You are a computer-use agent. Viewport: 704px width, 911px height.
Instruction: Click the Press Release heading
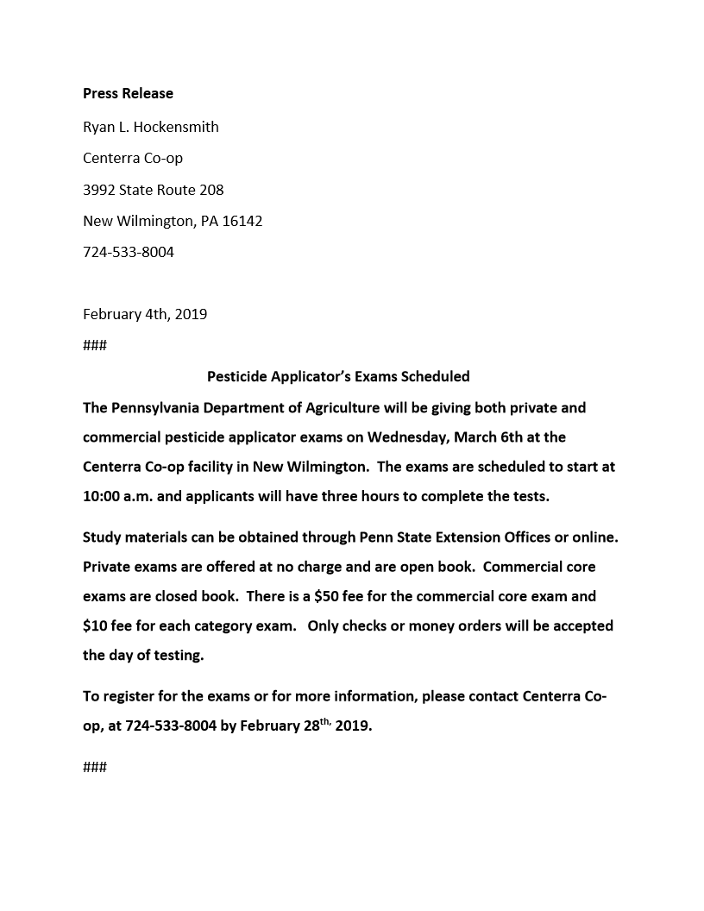128,93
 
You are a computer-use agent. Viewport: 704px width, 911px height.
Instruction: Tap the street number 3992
99,190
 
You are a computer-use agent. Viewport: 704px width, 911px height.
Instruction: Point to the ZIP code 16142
242,221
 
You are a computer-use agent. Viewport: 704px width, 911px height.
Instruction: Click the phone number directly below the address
129,253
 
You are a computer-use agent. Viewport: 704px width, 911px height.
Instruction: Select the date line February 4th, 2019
145,314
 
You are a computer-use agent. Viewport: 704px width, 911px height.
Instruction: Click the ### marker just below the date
95,345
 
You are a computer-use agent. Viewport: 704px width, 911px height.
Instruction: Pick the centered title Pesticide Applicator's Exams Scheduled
338,376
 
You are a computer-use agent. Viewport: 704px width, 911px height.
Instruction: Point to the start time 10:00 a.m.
116,497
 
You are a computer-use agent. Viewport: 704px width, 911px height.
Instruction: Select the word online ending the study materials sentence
595,537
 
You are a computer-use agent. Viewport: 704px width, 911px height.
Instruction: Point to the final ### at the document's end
95,766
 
